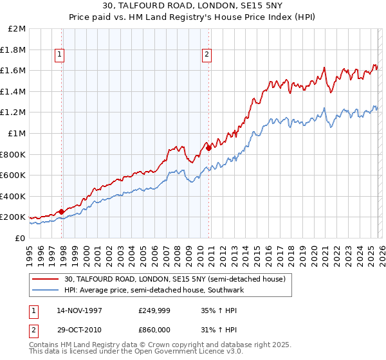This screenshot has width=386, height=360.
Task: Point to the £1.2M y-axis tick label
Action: tap(14, 113)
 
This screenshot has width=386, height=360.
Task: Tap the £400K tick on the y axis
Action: tap(14, 196)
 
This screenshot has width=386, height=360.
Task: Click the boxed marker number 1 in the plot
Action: tap(59, 55)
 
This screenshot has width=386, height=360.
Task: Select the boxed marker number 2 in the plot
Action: tap(207, 55)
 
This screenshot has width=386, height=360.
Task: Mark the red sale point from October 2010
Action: tap(208, 148)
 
